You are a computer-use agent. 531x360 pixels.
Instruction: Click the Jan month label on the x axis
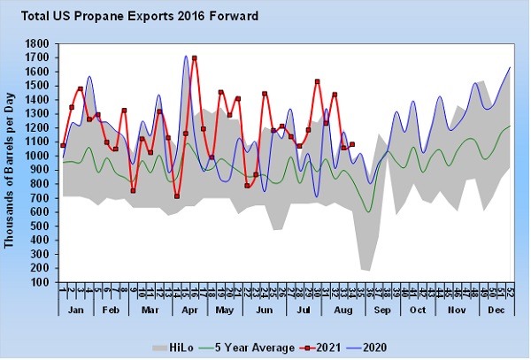point(74,312)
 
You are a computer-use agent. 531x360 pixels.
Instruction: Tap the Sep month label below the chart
point(381,312)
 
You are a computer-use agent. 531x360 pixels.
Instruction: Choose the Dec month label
point(496,312)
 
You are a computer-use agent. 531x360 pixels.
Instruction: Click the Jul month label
point(303,312)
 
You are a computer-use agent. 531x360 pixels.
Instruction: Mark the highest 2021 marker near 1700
point(194,58)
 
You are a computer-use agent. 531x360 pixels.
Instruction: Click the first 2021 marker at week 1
point(63,145)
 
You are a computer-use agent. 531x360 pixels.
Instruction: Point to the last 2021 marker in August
point(352,144)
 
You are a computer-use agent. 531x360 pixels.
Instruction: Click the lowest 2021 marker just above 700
point(177,196)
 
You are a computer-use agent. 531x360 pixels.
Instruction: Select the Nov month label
point(458,312)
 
